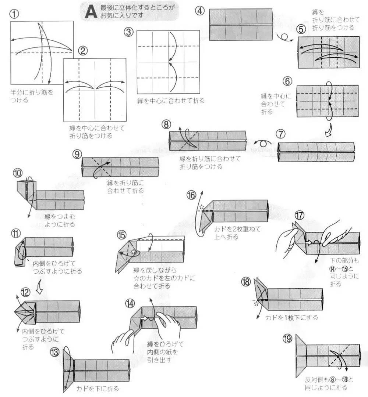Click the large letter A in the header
[90, 11]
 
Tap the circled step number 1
[15, 15]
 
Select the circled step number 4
[199, 11]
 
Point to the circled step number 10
[17, 173]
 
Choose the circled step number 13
[54, 352]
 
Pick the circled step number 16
[191, 195]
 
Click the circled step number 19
[288, 338]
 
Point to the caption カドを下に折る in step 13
[98, 388]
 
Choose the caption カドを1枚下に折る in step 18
[291, 317]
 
